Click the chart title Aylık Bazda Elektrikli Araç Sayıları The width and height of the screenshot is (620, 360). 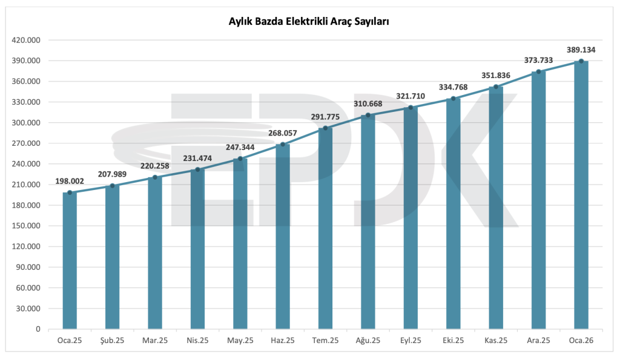(308, 21)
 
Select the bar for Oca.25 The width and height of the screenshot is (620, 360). (70, 260)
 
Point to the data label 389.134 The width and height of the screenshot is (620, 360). (581, 50)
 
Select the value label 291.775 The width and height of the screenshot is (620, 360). (325, 117)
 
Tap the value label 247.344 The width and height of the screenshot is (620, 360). (240, 147)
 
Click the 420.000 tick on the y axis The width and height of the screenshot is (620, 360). (26, 40)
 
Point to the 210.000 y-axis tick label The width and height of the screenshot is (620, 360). (26, 185)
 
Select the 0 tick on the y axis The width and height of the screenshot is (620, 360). (38, 329)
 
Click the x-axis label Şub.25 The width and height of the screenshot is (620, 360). (112, 341)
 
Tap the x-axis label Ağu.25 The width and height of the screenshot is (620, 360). (368, 341)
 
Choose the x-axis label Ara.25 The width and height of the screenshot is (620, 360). (538, 341)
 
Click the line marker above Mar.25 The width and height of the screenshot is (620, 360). (155, 177)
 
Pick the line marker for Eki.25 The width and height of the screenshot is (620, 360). (453, 99)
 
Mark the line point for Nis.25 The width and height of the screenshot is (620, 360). (197, 169)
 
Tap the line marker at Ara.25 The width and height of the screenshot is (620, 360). (538, 71)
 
